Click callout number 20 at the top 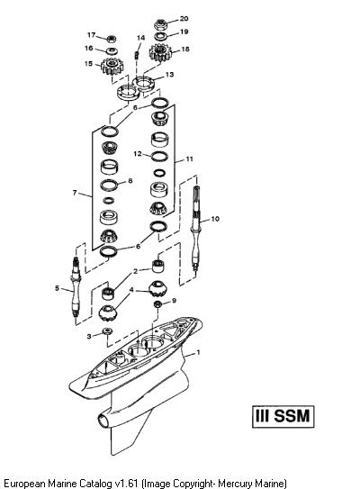184,19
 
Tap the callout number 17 91,35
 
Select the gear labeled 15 112,66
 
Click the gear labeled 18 161,53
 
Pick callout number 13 169,75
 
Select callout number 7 75,193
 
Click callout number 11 189,158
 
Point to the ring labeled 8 109,185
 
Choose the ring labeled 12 159,156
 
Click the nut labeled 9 158,303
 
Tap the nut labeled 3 107,331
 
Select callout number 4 131,290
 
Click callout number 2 135,271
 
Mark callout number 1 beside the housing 198,352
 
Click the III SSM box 283,416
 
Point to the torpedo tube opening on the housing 103,420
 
